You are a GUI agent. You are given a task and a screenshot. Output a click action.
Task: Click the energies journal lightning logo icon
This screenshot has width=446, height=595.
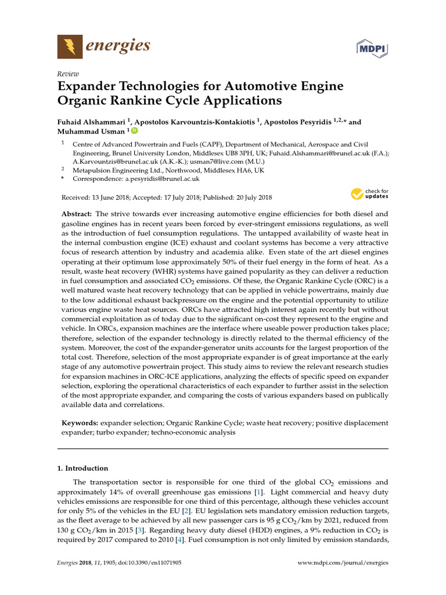[70, 46]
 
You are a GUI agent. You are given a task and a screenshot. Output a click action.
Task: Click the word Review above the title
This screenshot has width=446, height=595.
[68, 74]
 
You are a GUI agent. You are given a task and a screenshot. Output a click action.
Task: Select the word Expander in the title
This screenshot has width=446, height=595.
[88, 87]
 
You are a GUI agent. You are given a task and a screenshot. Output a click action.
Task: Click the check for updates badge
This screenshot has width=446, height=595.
[370, 194]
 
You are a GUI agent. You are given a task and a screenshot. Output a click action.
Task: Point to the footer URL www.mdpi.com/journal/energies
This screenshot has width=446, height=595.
[343, 563]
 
